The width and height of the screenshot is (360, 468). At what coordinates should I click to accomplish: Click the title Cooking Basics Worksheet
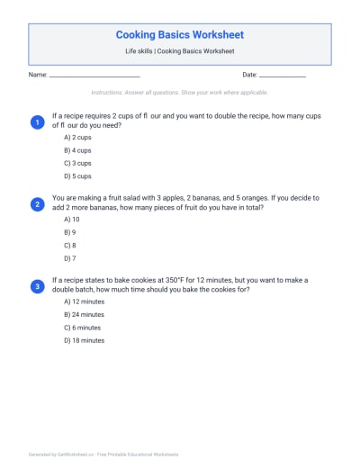179,34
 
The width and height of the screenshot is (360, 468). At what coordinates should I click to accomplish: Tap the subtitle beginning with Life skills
179,51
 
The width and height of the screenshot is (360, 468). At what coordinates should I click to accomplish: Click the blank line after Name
94,76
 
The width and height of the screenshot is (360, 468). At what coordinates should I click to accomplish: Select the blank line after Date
283,76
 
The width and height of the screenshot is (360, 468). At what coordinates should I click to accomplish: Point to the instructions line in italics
179,93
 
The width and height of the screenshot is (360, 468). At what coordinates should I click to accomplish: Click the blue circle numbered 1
37,121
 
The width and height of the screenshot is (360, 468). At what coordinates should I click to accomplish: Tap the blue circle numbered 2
37,204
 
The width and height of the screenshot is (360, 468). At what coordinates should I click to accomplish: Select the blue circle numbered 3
37,286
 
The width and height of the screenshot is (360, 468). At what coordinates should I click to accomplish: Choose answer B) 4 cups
77,150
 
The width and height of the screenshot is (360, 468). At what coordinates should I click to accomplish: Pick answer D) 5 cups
77,176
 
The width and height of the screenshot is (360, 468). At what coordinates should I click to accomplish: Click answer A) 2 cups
77,138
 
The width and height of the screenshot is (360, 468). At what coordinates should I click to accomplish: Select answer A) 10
72,220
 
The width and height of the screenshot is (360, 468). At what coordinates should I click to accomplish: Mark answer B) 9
70,232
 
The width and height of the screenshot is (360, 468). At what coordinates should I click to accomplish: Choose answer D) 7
70,258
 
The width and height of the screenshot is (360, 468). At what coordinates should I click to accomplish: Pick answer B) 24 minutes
84,315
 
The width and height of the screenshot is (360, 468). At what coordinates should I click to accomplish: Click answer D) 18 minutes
84,341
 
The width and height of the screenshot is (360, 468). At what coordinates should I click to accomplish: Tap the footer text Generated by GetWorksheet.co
103,454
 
